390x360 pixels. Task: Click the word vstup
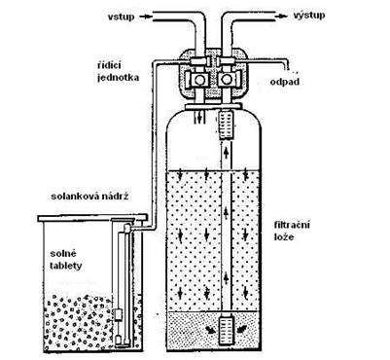point(122,17)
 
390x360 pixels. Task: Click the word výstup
point(309,15)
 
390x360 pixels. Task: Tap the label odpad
point(285,82)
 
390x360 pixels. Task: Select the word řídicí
point(109,65)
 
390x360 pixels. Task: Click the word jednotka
point(119,78)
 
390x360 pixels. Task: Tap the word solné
point(63,253)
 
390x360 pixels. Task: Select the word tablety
point(66,266)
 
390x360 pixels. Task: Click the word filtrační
point(292,225)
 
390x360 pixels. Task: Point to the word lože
point(284,236)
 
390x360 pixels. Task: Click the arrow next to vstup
point(147,17)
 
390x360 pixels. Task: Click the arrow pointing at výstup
point(282,15)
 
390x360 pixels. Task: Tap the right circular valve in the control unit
point(227,79)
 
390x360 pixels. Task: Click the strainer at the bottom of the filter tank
point(226,331)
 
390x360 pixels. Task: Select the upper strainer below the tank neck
point(226,125)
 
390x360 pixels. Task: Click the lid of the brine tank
point(92,218)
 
